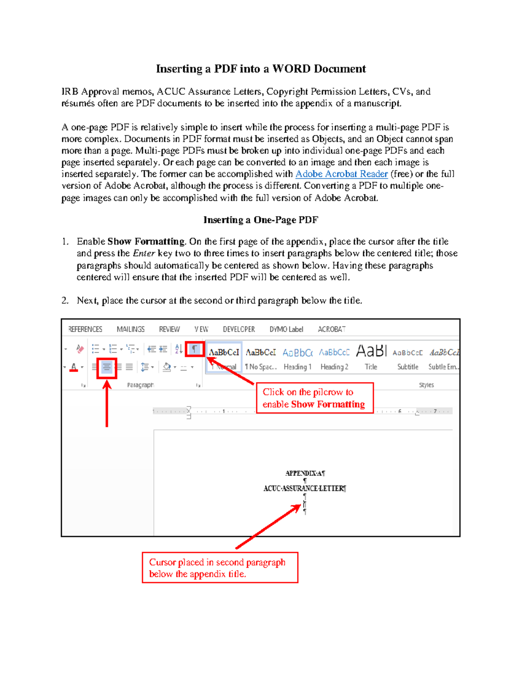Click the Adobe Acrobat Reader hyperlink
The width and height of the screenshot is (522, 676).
point(341,174)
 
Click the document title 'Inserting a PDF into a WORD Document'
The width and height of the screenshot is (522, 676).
point(261,69)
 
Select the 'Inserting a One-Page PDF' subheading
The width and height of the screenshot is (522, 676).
point(261,220)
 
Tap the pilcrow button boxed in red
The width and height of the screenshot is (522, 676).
point(194,349)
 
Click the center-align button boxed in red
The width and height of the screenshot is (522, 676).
point(107,367)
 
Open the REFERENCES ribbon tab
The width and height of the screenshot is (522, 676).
point(85,330)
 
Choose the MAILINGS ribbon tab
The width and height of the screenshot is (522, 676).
point(130,330)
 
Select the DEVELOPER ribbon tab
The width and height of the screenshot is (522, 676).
point(239,330)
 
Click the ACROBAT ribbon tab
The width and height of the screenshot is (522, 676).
point(331,330)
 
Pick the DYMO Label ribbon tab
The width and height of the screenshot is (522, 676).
point(286,330)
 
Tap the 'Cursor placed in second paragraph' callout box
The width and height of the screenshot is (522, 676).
point(220,568)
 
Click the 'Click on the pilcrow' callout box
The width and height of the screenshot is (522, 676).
point(315,398)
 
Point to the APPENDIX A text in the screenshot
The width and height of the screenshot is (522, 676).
point(305,473)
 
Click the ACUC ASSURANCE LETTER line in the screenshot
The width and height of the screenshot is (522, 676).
point(304,488)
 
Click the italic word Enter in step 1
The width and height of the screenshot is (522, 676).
point(144,253)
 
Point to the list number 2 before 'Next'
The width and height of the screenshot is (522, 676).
point(65,300)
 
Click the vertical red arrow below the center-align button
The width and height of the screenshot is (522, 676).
point(107,405)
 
